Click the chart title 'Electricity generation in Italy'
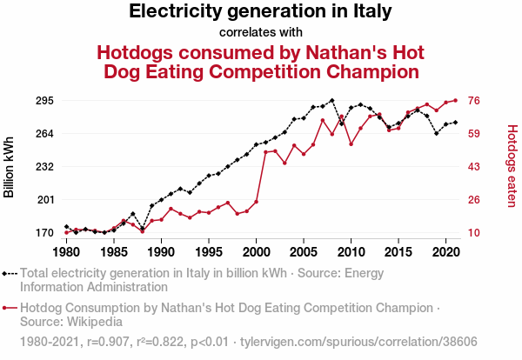point(260,12)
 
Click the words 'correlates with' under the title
point(260,33)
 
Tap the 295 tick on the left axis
point(43,101)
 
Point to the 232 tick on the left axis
point(43,166)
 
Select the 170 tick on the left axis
point(43,233)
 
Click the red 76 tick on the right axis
point(476,101)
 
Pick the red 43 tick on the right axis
point(476,166)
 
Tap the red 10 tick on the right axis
point(476,233)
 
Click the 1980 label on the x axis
point(66,252)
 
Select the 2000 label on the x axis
point(256,252)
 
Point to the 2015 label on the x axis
point(398,252)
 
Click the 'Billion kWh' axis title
point(10,166)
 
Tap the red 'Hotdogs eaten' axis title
point(512,166)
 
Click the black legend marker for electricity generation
point(10,273)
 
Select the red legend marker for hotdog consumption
point(10,308)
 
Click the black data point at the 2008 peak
point(331,101)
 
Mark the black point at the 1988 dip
point(142,228)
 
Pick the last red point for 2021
point(455,100)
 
